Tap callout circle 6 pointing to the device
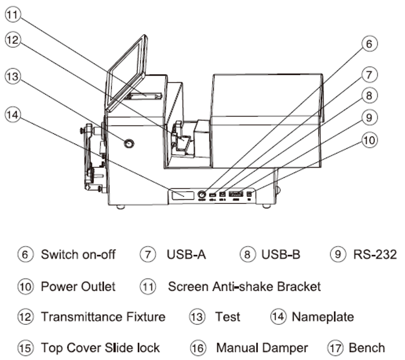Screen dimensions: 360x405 pyautogui.click(x=369, y=44)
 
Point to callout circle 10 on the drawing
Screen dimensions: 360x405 pyautogui.click(x=369, y=141)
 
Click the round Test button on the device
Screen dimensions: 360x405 pyautogui.click(x=129, y=144)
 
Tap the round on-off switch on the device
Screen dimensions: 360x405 pyautogui.click(x=203, y=194)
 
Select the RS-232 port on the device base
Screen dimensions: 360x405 pyautogui.click(x=236, y=193)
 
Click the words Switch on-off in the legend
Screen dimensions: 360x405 pyautogui.click(x=78, y=255)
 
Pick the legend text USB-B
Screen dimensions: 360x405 pyautogui.click(x=281, y=255)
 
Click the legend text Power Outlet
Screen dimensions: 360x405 pyautogui.click(x=78, y=287)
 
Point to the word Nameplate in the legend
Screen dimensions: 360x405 pyautogui.click(x=323, y=317)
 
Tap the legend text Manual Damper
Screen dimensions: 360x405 pyautogui.click(x=262, y=347)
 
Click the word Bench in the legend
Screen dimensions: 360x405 pyautogui.click(x=367, y=347)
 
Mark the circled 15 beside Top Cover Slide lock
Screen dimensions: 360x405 pyautogui.click(x=25, y=347)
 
